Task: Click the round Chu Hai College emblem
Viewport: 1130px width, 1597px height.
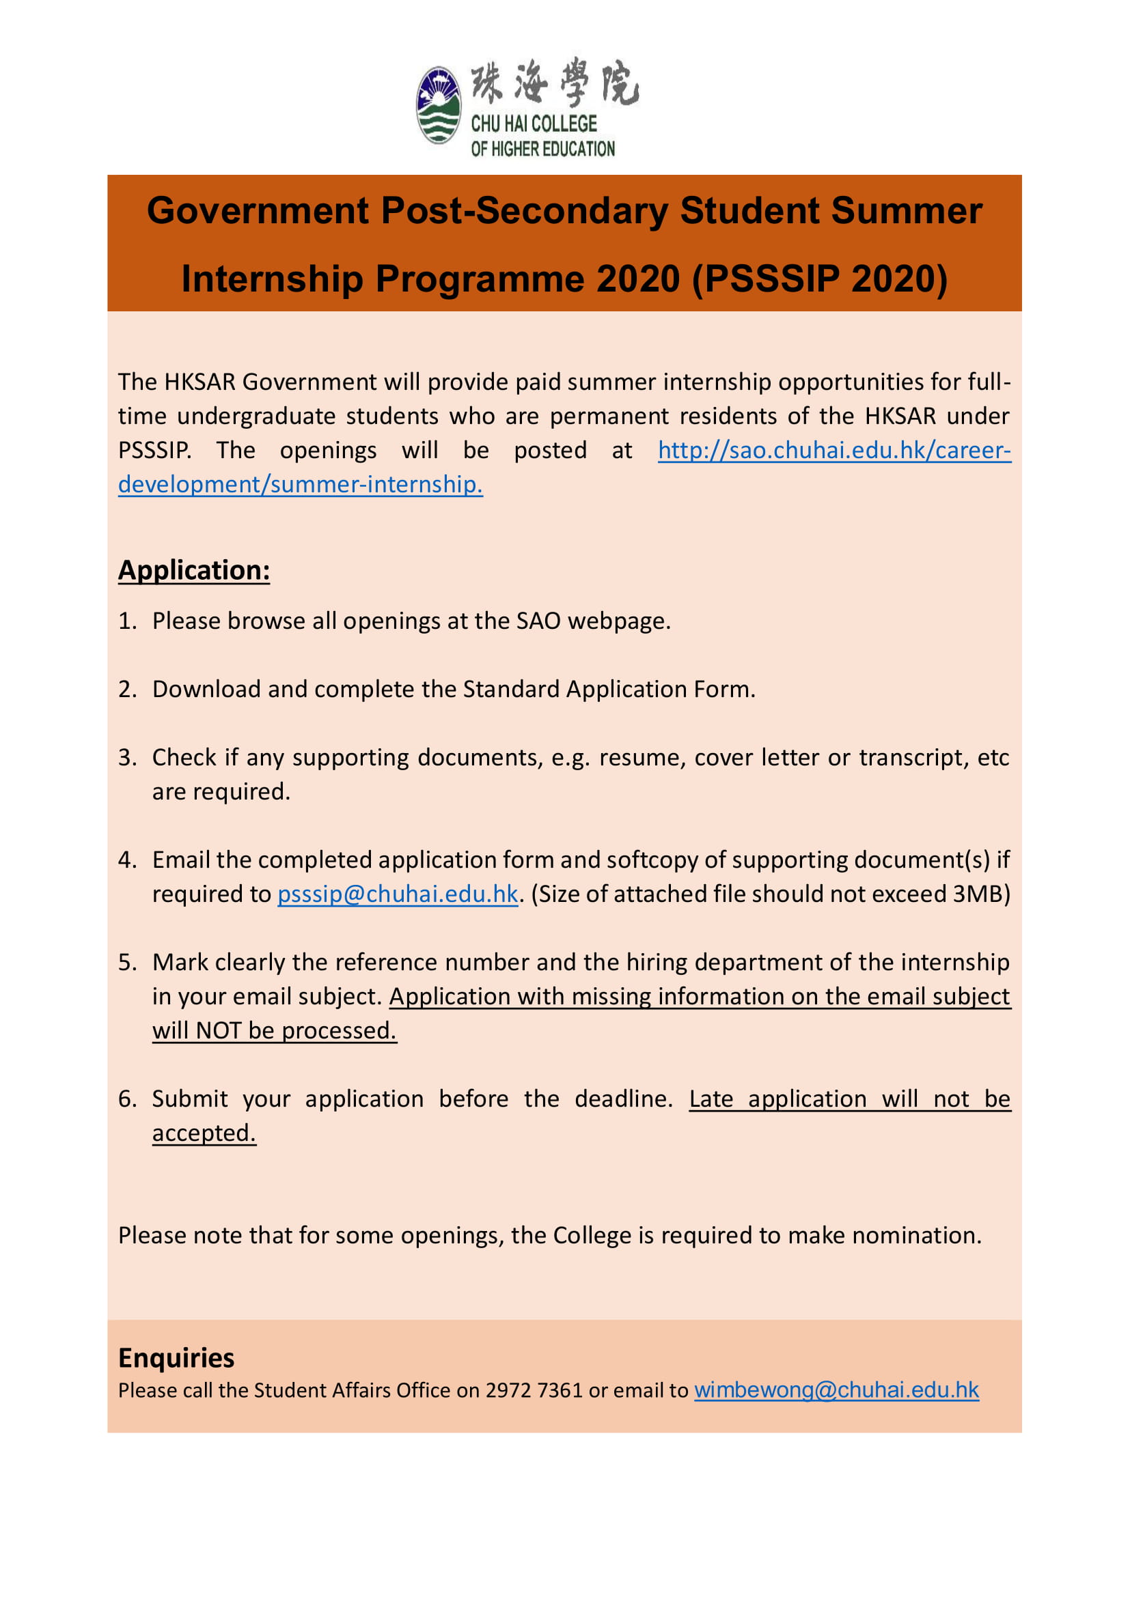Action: click(439, 105)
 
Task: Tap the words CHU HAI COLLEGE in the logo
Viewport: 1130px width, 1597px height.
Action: click(534, 124)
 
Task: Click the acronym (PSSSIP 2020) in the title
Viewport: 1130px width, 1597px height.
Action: click(820, 279)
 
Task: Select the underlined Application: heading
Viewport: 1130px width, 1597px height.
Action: click(193, 570)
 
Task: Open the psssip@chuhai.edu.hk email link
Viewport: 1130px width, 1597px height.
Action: click(398, 894)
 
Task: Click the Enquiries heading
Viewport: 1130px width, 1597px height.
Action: click(176, 1358)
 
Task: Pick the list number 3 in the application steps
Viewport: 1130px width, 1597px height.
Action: click(126, 757)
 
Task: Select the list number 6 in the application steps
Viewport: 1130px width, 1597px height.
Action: click(126, 1099)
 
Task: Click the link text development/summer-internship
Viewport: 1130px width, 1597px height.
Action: click(300, 484)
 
